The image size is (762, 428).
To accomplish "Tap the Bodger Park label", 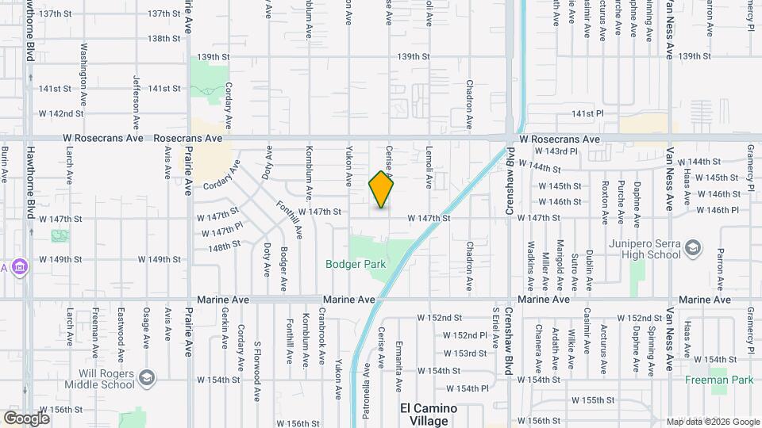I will tap(354, 264).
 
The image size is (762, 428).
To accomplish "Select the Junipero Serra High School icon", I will tap(693, 248).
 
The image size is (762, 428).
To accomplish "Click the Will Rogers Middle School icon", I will tap(146, 376).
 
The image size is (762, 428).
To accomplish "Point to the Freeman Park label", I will tap(719, 380).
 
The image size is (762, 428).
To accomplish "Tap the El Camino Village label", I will tap(428, 415).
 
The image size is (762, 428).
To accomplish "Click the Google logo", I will tap(25, 418).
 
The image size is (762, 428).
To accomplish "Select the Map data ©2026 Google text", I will tap(712, 422).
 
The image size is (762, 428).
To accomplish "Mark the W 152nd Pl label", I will tap(466, 335).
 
